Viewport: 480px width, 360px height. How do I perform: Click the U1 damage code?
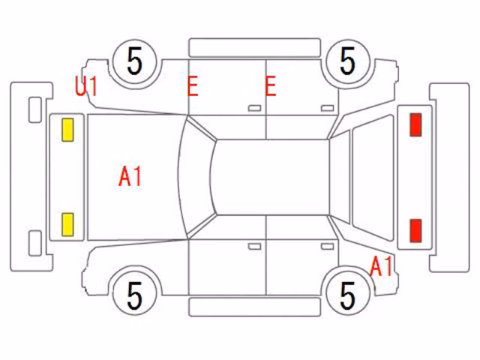click(86, 86)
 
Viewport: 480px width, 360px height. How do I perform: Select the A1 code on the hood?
click(130, 177)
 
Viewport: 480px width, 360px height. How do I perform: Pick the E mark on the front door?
click(193, 86)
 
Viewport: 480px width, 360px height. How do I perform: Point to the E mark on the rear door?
click(271, 86)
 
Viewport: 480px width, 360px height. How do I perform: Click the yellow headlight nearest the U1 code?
click(67, 130)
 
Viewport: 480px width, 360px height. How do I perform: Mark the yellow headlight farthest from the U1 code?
click(67, 225)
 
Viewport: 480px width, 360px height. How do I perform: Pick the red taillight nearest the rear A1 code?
click(415, 231)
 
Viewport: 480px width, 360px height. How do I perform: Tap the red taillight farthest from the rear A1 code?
click(415, 124)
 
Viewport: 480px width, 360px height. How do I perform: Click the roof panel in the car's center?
click(272, 177)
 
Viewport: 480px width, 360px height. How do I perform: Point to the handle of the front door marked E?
click(254, 108)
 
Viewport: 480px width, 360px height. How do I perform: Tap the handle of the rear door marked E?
click(327, 108)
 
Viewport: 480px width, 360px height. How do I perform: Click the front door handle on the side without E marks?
click(254, 247)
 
